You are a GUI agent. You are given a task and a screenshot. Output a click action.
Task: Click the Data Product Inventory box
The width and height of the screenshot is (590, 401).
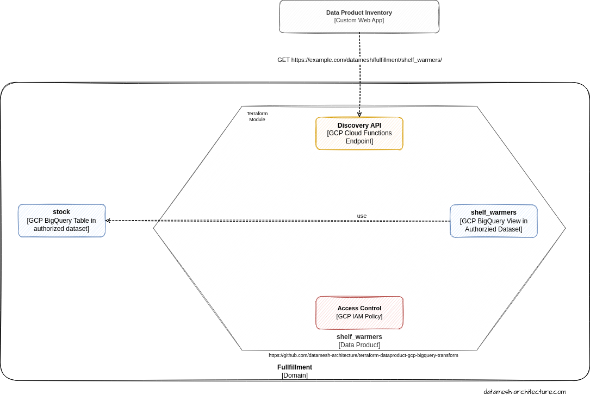(359, 16)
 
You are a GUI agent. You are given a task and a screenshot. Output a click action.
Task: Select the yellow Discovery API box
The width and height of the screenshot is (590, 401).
(359, 133)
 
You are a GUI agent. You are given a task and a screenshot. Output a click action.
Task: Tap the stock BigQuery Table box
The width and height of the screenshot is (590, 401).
(61, 221)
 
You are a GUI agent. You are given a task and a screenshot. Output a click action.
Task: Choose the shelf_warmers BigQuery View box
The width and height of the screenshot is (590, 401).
(493, 221)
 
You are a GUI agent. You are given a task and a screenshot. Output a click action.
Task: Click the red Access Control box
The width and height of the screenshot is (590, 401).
(359, 312)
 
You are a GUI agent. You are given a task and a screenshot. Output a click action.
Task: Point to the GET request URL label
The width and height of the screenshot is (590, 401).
(359, 60)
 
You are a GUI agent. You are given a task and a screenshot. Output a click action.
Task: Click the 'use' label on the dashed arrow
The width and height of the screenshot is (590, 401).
(362, 216)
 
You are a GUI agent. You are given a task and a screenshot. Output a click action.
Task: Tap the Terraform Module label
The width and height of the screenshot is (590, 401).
(257, 116)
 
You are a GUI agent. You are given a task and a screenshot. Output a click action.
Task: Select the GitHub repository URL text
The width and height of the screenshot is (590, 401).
(363, 355)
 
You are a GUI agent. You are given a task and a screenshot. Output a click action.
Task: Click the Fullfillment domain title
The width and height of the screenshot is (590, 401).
(295, 367)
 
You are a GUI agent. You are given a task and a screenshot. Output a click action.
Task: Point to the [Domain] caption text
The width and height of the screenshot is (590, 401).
(295, 375)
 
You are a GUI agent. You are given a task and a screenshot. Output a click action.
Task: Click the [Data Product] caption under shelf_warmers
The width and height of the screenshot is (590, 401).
(359, 345)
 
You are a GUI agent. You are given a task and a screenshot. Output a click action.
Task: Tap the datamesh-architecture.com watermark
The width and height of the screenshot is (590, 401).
(525, 392)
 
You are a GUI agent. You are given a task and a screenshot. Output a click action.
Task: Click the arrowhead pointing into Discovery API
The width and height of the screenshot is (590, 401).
(359, 114)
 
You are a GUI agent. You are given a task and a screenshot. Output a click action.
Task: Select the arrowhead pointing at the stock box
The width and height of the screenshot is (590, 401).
(108, 221)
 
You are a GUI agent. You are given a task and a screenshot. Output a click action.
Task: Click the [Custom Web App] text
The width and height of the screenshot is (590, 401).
(359, 20)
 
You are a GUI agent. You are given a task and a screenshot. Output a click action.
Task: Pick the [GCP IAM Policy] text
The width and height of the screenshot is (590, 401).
(359, 316)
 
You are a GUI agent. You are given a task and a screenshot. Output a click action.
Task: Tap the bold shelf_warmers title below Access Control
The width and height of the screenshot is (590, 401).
(359, 337)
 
